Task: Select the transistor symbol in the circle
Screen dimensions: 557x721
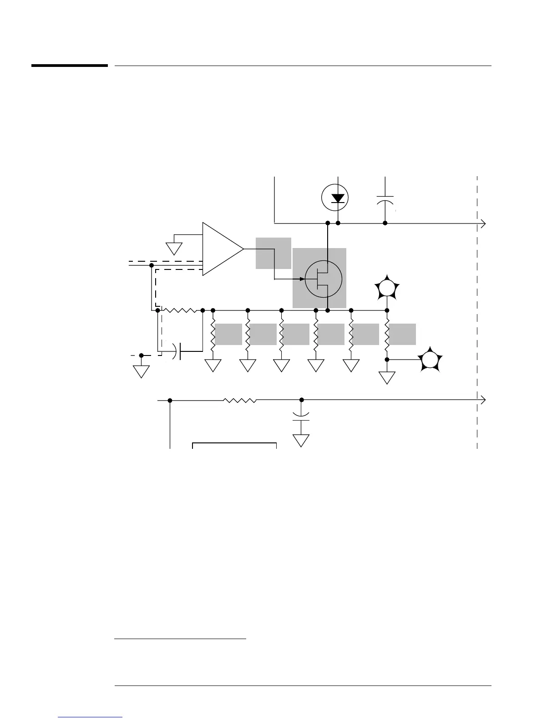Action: click(323, 279)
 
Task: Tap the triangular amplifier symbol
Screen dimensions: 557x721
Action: click(221, 249)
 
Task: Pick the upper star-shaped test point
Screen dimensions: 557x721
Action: click(387, 288)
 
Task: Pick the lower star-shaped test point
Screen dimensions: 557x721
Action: click(429, 360)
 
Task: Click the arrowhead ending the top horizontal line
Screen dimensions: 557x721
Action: click(483, 223)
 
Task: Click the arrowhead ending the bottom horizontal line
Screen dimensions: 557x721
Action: click(483, 400)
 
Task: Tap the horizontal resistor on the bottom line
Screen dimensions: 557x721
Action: click(239, 400)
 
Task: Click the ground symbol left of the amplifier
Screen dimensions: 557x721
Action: click(174, 248)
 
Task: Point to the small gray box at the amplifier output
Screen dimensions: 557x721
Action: click(273, 253)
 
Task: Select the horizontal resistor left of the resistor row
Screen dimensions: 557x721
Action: click(180, 310)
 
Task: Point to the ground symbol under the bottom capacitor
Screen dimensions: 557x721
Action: click(301, 440)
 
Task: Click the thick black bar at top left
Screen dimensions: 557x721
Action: click(69, 66)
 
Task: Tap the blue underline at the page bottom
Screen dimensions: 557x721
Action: click(91, 717)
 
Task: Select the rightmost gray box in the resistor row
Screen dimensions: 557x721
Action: click(402, 334)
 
